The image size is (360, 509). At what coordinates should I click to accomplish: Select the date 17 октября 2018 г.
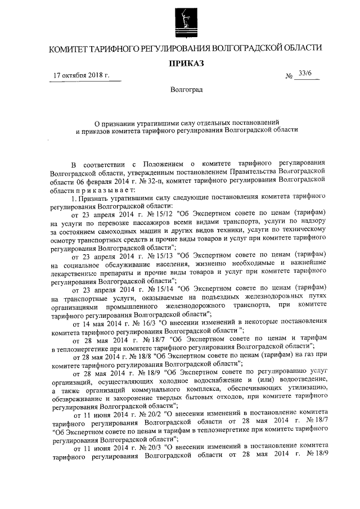point(79,75)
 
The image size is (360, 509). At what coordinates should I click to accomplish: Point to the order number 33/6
point(308,74)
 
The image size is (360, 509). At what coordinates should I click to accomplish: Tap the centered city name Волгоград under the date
point(186,89)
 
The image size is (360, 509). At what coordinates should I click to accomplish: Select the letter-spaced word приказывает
point(105,188)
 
